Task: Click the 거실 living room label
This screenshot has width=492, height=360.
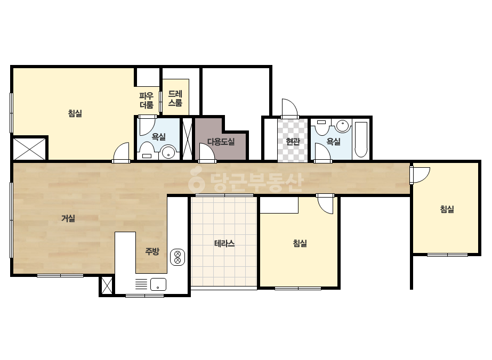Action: tap(68, 218)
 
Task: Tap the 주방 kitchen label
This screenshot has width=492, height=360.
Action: tap(152, 251)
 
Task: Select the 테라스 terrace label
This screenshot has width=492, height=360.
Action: tap(224, 243)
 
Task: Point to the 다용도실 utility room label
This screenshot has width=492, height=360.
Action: tap(221, 142)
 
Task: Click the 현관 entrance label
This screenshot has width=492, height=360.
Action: tap(293, 142)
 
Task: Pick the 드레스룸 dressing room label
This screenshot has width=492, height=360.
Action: tap(175, 99)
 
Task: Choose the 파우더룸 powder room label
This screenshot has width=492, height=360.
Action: tap(147, 100)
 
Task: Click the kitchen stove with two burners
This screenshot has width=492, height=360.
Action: tap(178, 257)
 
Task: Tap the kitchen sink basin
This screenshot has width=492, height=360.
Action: tap(158, 284)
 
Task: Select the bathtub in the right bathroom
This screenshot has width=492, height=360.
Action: tap(361, 139)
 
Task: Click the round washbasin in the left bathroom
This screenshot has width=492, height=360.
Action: tap(168, 153)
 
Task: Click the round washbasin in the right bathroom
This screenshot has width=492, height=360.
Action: tap(343, 126)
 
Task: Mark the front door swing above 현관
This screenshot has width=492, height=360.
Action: tap(289, 109)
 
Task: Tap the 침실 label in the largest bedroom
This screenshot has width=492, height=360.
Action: tap(75, 113)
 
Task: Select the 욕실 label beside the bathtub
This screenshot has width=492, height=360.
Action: tap(333, 142)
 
